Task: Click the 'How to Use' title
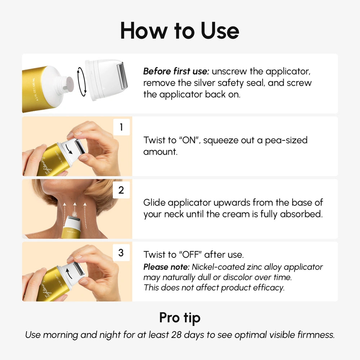click(180, 31)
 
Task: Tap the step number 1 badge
click(121, 127)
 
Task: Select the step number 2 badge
click(121, 190)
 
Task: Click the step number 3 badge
click(121, 253)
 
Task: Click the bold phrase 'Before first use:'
click(176, 71)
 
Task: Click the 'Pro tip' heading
click(180, 318)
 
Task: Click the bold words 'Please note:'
click(166, 267)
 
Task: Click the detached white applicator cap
click(107, 79)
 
